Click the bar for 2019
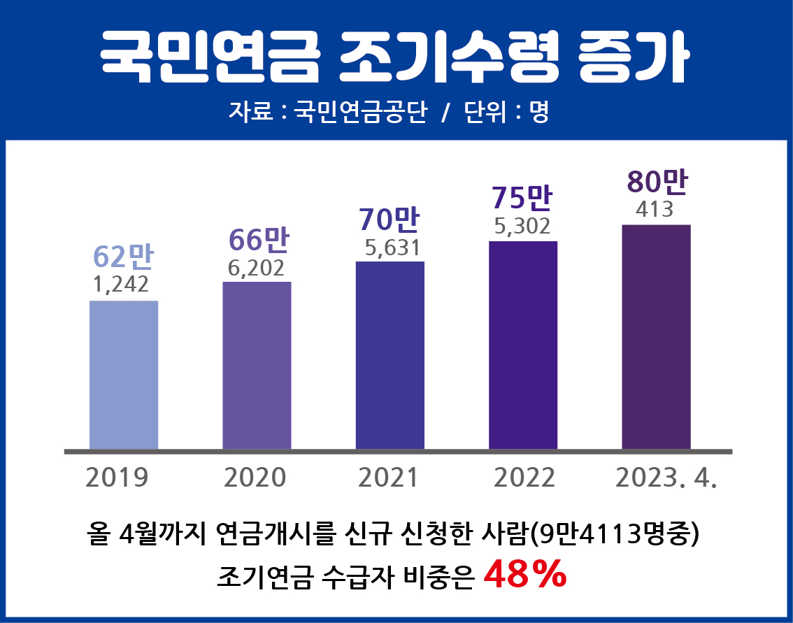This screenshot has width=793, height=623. pyautogui.click(x=124, y=375)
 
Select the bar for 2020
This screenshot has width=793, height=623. pyautogui.click(x=257, y=365)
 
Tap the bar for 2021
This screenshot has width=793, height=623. pyautogui.click(x=390, y=355)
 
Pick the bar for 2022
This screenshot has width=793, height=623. pyautogui.click(x=523, y=345)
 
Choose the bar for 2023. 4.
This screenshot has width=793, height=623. pyautogui.click(x=656, y=336)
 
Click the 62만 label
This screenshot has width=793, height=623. pyautogui.click(x=123, y=257)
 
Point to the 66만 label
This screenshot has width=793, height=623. pyautogui.click(x=259, y=240)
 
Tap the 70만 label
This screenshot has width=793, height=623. pyautogui.click(x=389, y=220)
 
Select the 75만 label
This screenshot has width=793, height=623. pyautogui.click(x=522, y=198)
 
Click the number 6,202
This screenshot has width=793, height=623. pyautogui.click(x=256, y=267)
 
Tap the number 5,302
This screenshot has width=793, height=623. pyautogui.click(x=522, y=226)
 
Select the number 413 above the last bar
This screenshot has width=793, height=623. pyautogui.click(x=655, y=209)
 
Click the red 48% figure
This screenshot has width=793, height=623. pyautogui.click(x=524, y=574)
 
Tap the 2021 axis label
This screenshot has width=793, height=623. pyautogui.click(x=387, y=478)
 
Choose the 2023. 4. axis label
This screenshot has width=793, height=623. pyautogui.click(x=666, y=478)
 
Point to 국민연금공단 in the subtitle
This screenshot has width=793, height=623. pyautogui.click(x=359, y=112)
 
